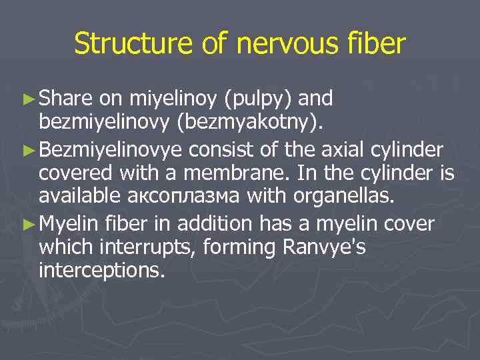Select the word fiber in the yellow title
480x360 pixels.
pyautogui.click(x=375, y=44)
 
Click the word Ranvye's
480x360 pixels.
pyautogui.click(x=325, y=247)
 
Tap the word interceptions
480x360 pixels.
pyautogui.click(x=101, y=271)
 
